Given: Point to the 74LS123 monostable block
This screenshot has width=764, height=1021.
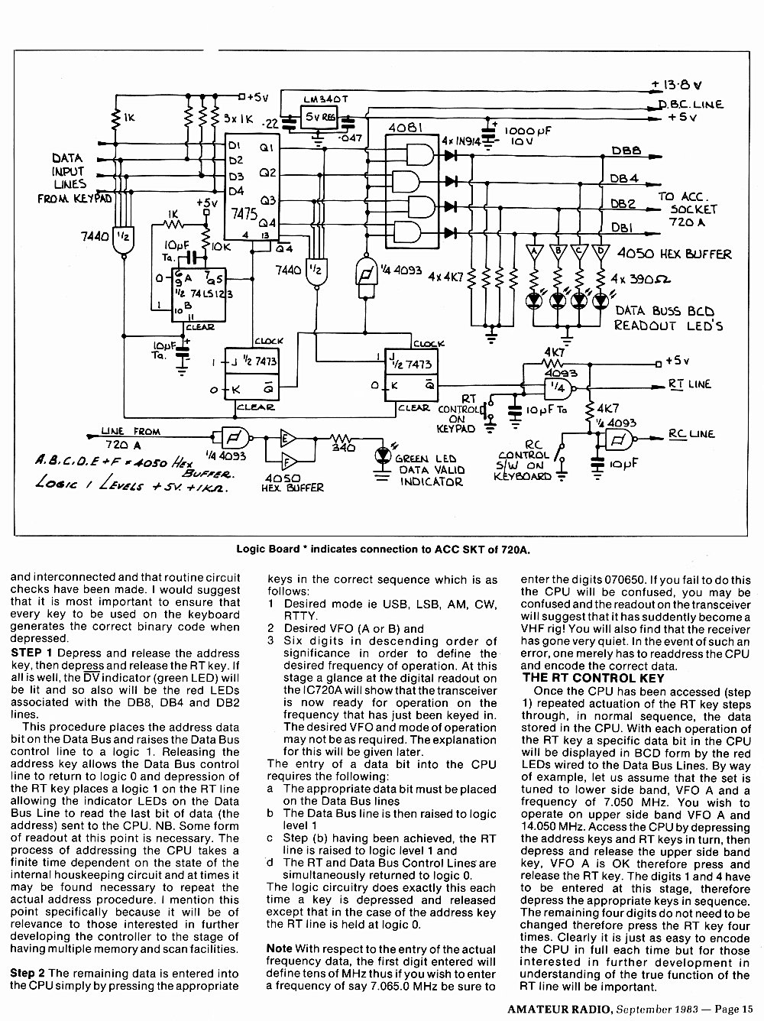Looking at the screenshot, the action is click(x=199, y=295).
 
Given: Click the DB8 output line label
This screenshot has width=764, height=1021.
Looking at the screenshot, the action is click(x=626, y=151).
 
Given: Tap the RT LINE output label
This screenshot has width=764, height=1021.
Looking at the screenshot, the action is click(x=690, y=384).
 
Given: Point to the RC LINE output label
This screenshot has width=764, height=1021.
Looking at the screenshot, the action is click(x=691, y=434).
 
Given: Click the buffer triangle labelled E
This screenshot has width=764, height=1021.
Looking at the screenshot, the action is click(x=288, y=438).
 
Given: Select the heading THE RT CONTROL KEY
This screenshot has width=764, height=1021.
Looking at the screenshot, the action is click(x=593, y=678).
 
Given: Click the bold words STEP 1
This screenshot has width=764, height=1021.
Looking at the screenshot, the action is click(x=31, y=653).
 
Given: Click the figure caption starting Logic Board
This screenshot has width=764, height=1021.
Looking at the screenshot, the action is click(x=384, y=549).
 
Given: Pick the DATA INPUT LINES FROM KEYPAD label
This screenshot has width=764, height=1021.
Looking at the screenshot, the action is click(x=74, y=178).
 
